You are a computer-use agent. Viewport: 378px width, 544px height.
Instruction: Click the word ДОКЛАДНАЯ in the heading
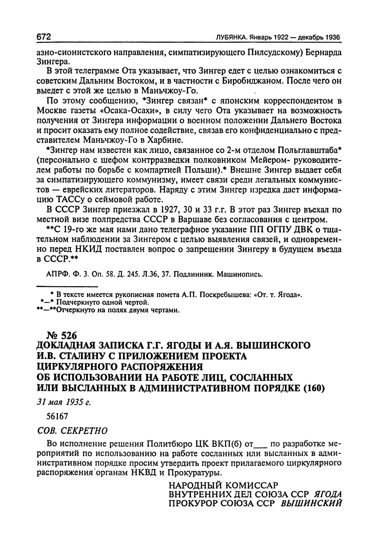pos(65,346)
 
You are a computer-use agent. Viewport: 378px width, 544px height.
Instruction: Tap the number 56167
pos(57,416)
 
